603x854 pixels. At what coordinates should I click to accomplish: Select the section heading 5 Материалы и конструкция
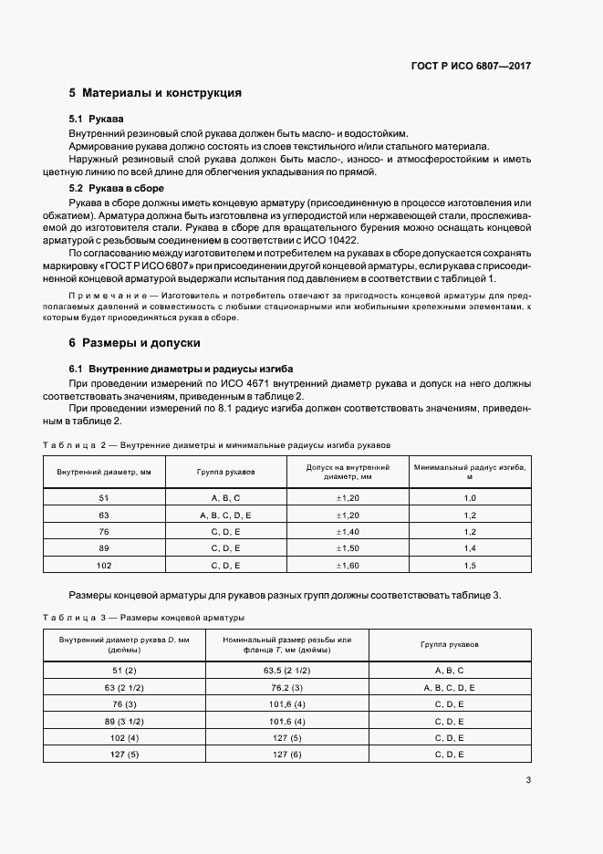pyautogui.click(x=155, y=93)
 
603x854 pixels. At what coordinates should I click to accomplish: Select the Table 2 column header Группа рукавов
pyautogui.click(x=225, y=472)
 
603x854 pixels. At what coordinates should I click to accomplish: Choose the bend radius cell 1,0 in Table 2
pyautogui.click(x=470, y=498)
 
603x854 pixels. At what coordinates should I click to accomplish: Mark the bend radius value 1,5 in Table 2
pyautogui.click(x=470, y=566)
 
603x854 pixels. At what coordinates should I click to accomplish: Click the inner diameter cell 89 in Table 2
pyautogui.click(x=103, y=549)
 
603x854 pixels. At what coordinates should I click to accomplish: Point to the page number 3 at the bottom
pyautogui.click(x=528, y=779)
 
